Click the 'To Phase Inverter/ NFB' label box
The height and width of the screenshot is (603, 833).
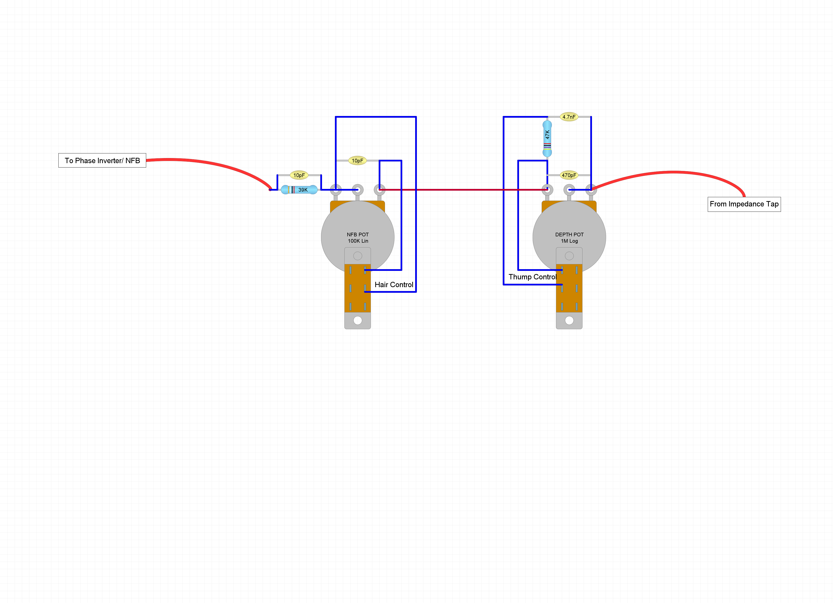pos(102,160)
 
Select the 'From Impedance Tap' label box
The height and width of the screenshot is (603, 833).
pos(744,204)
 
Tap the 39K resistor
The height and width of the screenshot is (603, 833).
pos(299,190)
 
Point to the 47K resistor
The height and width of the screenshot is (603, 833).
pos(547,138)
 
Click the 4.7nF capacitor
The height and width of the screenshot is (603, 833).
pos(569,117)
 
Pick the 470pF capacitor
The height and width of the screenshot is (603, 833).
pos(569,175)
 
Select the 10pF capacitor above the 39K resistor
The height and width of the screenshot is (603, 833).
pos(299,175)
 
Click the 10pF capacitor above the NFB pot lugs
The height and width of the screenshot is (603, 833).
pos(357,160)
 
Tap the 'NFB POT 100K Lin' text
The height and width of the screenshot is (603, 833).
pos(358,238)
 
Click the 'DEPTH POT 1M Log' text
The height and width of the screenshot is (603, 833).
pos(569,238)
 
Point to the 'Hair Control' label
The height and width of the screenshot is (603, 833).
pos(394,285)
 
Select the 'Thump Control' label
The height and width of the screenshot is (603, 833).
pos(533,277)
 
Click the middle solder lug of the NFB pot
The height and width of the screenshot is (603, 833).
pos(358,190)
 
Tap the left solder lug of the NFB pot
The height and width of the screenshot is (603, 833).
pos(336,190)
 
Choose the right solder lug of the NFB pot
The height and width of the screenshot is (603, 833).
pos(379,190)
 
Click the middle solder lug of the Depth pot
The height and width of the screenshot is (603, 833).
pos(569,190)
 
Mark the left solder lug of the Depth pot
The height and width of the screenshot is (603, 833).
pos(547,190)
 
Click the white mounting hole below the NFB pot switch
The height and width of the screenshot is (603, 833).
pos(358,320)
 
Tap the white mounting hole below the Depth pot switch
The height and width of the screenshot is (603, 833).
pos(569,320)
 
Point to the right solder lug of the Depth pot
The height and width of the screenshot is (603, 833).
pos(591,190)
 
